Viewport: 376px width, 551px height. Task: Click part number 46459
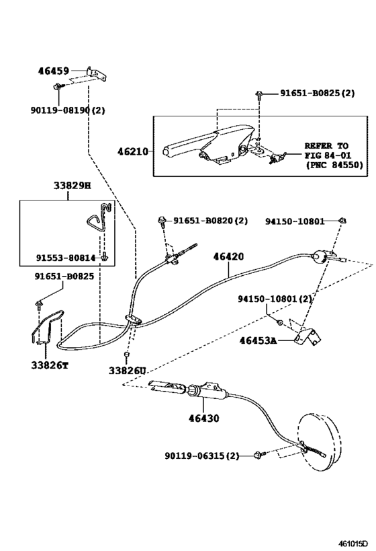53,71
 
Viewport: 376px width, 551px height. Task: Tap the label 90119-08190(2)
68,110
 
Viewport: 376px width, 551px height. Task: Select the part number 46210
132,152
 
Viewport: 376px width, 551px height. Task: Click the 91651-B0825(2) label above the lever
317,93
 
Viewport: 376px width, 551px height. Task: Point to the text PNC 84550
335,165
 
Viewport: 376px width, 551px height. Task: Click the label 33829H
72,185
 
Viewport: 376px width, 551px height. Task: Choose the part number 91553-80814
66,258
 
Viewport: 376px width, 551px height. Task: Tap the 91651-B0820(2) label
210,221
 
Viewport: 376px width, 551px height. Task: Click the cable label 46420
228,256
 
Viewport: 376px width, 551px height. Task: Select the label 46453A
258,340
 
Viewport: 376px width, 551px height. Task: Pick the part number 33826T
50,365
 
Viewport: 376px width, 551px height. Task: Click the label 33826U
127,371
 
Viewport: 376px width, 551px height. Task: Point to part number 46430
203,418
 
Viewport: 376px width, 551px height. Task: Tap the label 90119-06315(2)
201,455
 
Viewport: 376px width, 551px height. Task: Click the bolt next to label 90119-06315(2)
260,455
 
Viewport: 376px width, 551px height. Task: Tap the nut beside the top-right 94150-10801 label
342,221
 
